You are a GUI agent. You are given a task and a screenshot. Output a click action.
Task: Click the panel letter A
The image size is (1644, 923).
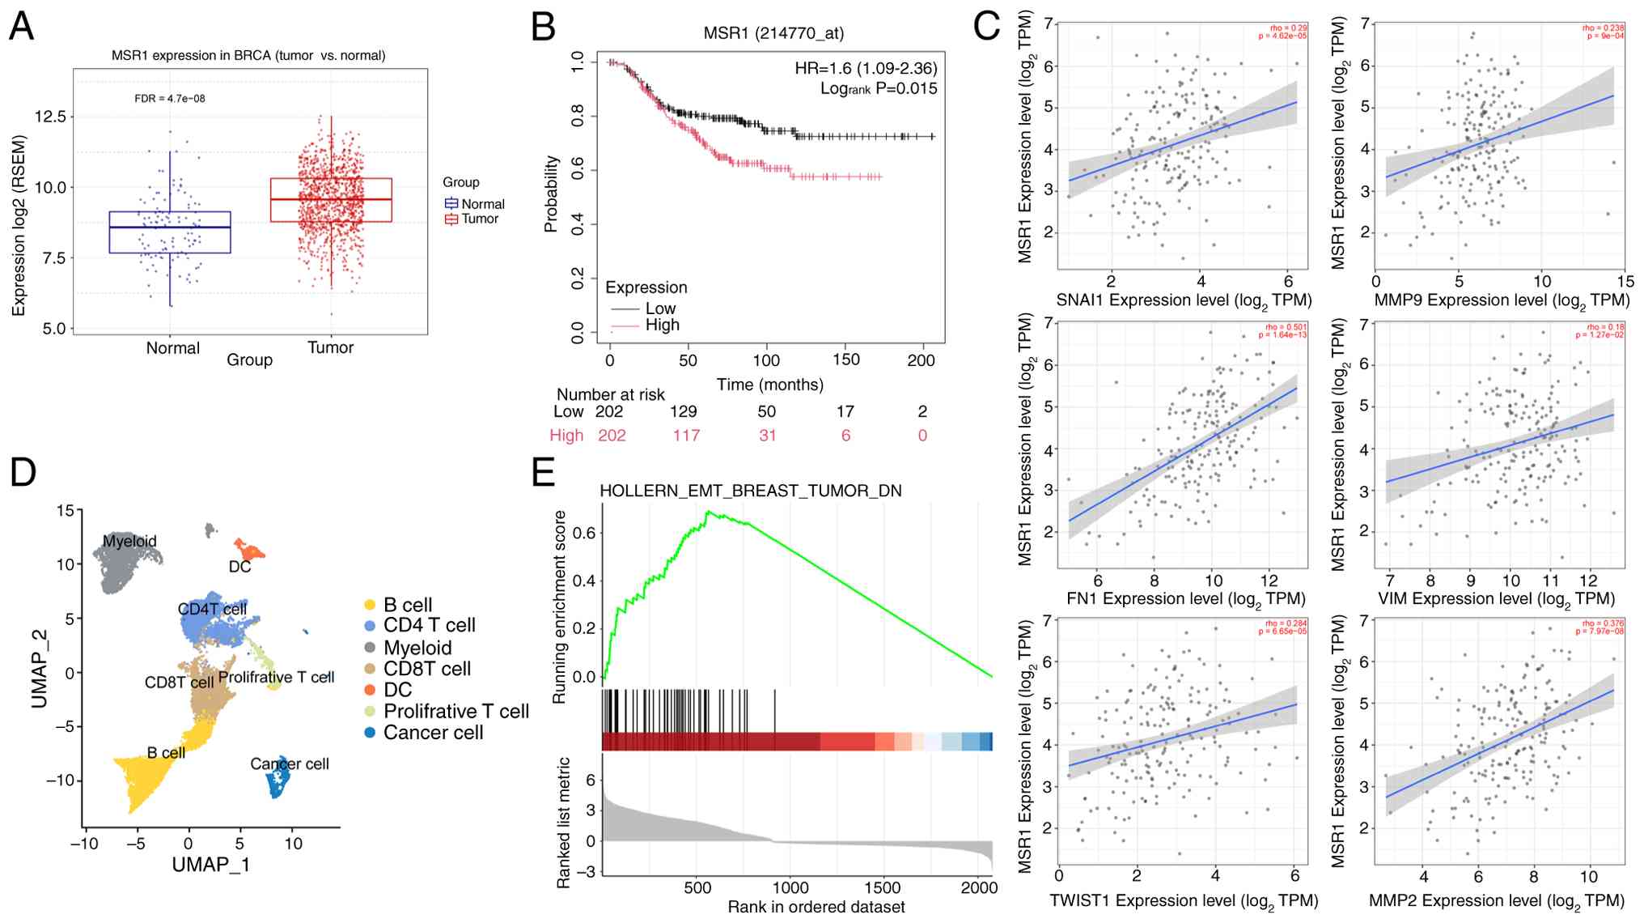coord(22,26)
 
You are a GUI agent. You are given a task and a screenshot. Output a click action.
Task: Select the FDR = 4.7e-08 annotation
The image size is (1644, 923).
coord(169,99)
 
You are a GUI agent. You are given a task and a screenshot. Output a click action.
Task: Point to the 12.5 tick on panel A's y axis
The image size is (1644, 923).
coord(50,117)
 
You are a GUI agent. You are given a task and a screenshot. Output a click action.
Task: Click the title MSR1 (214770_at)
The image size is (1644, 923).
coord(773,33)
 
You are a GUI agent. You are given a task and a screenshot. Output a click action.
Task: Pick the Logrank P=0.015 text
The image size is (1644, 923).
coord(879,88)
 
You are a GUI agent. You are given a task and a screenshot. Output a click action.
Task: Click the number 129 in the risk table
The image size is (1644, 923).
coord(684,411)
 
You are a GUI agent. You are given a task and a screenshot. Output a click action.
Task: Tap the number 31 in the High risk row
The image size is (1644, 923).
coord(767,436)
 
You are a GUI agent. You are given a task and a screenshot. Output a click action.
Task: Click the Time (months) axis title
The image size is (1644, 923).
coord(769,385)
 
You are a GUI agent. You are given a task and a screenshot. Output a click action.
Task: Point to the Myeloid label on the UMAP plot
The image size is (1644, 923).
coord(129,541)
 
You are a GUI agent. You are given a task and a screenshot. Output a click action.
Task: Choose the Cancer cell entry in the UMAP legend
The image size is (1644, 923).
coord(433,733)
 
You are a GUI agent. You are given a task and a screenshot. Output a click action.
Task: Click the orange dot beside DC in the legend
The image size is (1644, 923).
coord(370,690)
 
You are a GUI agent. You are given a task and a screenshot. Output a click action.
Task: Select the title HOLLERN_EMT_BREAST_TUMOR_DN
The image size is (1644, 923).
coord(750,491)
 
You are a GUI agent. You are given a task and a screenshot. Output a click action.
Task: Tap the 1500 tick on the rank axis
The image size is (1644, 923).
coord(882,887)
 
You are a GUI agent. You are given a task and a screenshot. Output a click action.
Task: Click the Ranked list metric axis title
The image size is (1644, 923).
coord(565,823)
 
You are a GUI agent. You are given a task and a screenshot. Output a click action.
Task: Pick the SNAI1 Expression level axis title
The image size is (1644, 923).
coord(1184,301)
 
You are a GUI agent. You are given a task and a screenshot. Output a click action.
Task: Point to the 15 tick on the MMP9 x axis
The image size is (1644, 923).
coord(1625,282)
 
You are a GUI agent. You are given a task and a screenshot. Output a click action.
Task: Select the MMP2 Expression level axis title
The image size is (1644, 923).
coord(1496,901)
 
